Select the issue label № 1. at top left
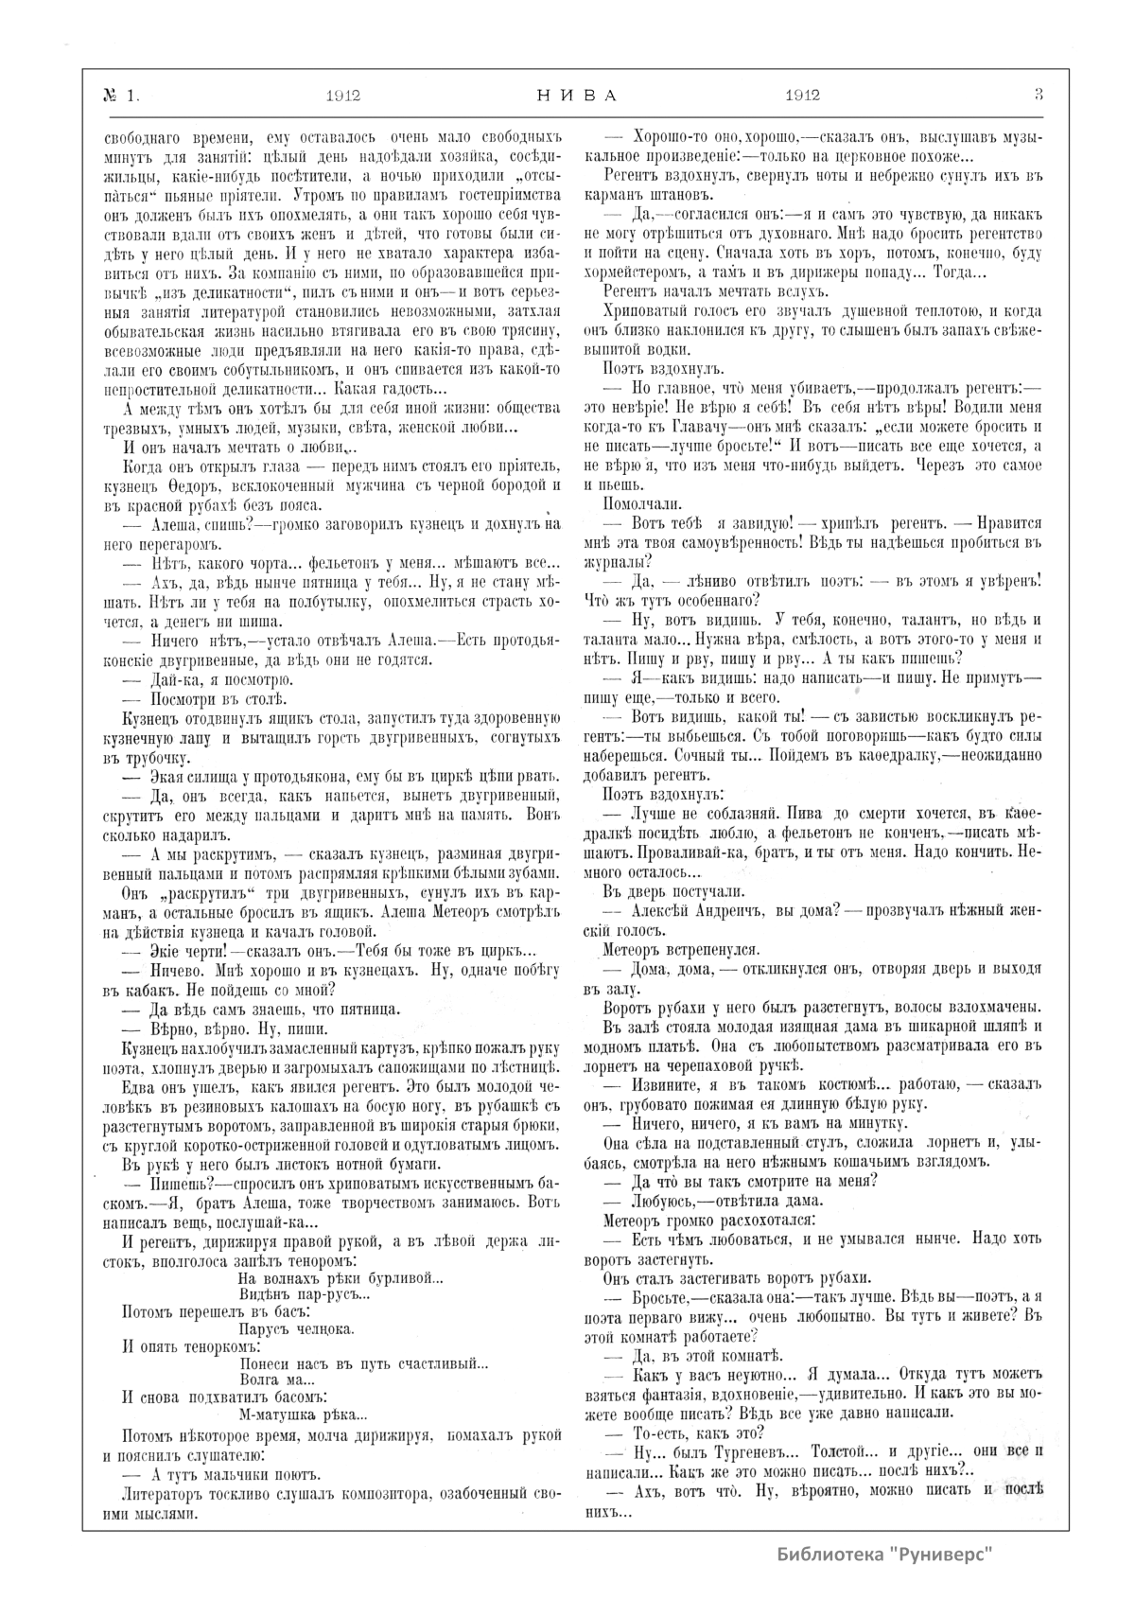(x=120, y=95)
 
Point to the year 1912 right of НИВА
(x=802, y=95)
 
